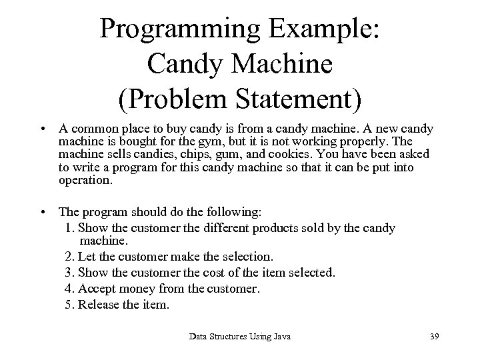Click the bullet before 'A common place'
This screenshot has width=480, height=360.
pyautogui.click(x=42, y=129)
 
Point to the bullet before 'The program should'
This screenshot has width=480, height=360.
pyautogui.click(x=42, y=213)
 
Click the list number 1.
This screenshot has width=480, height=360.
pyautogui.click(x=71, y=228)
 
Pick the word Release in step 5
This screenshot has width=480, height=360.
pyautogui.click(x=99, y=305)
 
